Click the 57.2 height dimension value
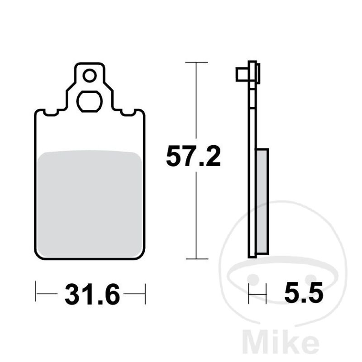pyautogui.click(x=194, y=156)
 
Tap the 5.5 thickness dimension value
pyautogui.click(x=304, y=292)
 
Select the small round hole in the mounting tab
pyautogui.click(x=90, y=76)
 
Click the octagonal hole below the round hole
pyautogui.click(x=90, y=101)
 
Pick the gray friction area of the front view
pyautogui.click(x=90, y=204)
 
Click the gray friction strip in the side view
pyautogui.click(x=262, y=202)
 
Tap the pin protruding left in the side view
pyautogui.click(x=242, y=74)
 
